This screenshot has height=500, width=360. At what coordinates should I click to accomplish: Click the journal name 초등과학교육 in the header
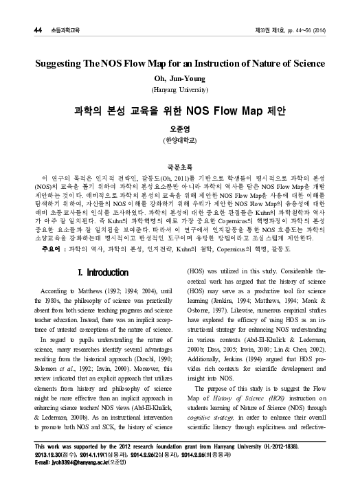(x=65, y=11)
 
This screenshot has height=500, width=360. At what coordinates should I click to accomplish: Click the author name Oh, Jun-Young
(x=180, y=79)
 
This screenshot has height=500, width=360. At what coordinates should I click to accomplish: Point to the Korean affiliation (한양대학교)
(x=179, y=140)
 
